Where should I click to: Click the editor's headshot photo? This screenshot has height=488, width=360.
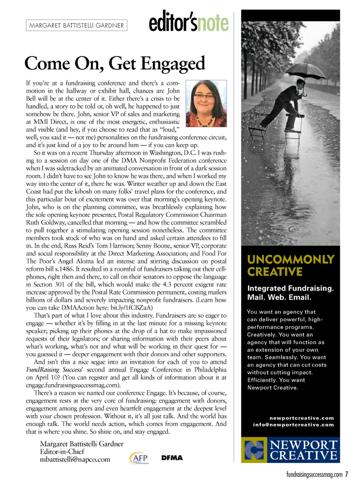(x=206, y=104)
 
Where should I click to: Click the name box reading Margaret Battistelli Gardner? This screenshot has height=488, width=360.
(x=76, y=25)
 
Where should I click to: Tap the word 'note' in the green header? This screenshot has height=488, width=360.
(x=213, y=23)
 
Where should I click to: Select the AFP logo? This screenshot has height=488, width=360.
(x=139, y=458)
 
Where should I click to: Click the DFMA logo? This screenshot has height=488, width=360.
(x=172, y=458)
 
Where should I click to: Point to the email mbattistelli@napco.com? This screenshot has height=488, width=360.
(x=75, y=459)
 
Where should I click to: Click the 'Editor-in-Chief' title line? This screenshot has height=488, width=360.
(x=62, y=452)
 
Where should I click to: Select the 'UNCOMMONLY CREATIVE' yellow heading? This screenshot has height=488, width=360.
(x=290, y=265)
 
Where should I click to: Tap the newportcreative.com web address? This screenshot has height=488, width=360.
(x=301, y=418)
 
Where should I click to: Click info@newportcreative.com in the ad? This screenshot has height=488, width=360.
(x=293, y=425)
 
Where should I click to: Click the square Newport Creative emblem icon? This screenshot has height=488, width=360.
(x=254, y=450)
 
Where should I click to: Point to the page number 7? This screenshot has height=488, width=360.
(x=347, y=474)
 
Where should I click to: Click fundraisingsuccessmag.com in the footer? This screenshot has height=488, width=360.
(x=314, y=475)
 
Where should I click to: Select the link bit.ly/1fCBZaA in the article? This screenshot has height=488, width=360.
(x=131, y=308)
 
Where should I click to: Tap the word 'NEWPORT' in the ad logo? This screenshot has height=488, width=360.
(x=304, y=445)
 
